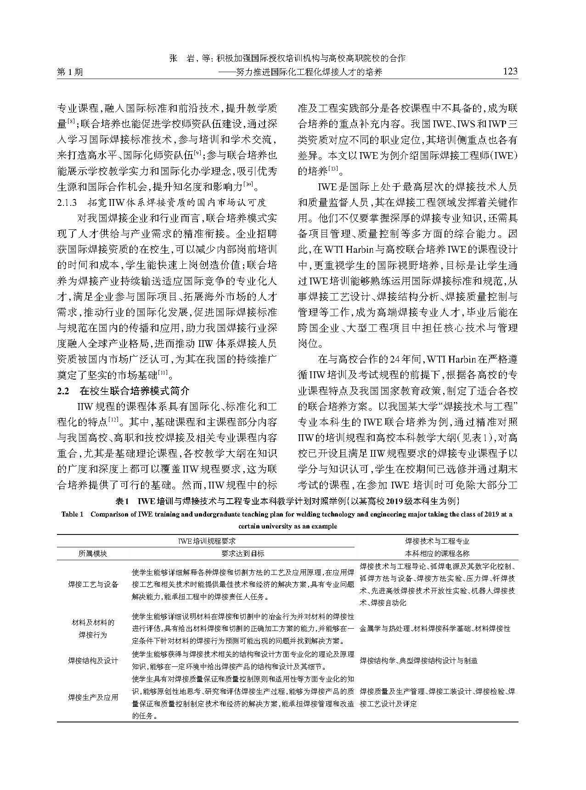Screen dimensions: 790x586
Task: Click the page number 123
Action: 510,71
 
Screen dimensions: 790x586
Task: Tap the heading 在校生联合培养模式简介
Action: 134,392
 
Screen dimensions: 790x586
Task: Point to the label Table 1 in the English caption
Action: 73,514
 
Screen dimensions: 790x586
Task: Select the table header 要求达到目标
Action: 243,554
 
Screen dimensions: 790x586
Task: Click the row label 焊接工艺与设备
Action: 93,584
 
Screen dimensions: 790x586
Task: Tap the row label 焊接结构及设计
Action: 93,660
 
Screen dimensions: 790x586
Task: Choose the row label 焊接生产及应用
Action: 93,697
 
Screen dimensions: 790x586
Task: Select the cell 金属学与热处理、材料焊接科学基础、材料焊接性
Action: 435,628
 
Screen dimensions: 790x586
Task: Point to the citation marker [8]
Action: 72,122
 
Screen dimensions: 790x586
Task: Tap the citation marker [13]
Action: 331,170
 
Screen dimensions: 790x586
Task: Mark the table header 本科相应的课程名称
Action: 437,554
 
